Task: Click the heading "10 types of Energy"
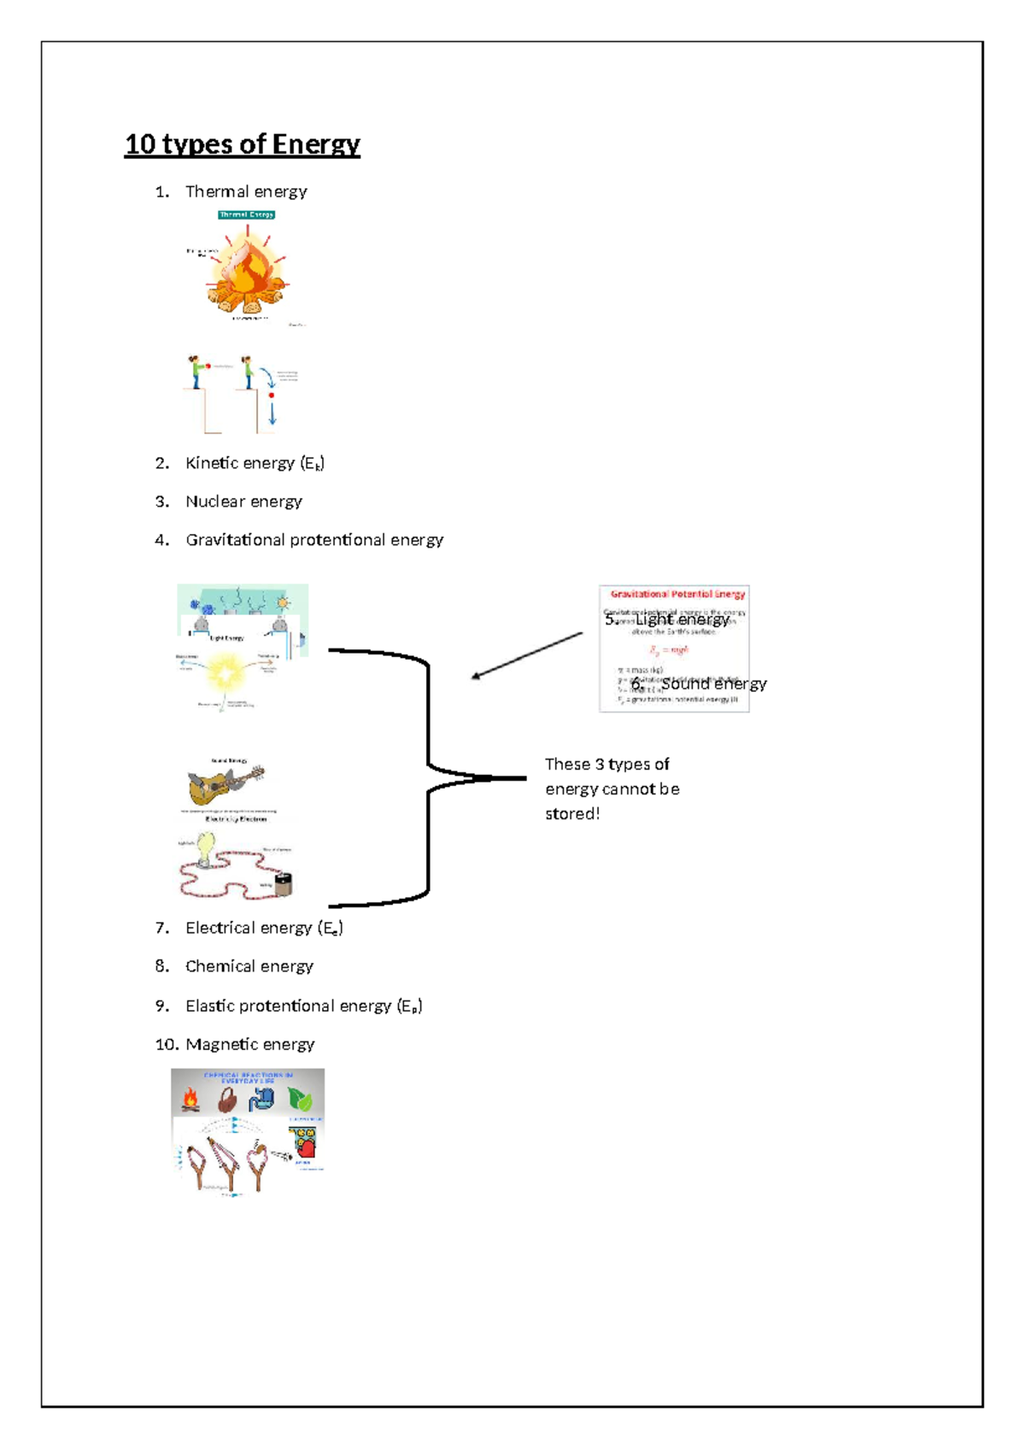coord(243,144)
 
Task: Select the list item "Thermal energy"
coord(246,191)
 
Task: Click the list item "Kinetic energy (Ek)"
coord(255,463)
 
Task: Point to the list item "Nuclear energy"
coord(243,502)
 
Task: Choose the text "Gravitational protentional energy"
coord(314,540)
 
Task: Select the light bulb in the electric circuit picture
coord(206,850)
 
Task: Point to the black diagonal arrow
coord(526,656)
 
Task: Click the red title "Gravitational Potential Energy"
coord(677,594)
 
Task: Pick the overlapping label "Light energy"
coord(682,620)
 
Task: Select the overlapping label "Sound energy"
coord(713,683)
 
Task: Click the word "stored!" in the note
coord(572,814)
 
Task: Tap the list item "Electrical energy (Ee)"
coord(264,928)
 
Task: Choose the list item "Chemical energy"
coord(249,966)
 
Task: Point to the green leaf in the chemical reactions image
coord(299,1099)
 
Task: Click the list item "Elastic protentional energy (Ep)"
coord(303,1006)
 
